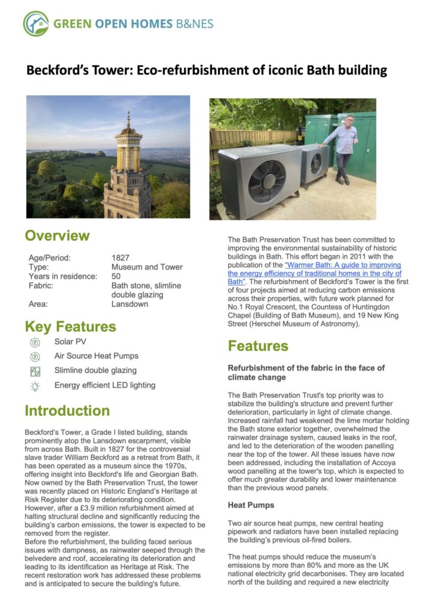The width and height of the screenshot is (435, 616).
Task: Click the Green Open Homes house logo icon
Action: [x=36, y=23]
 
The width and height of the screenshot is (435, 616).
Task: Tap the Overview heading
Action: [x=57, y=235]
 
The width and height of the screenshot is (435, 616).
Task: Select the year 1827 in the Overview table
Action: [x=121, y=257]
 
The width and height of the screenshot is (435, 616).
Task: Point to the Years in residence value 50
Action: [x=116, y=276]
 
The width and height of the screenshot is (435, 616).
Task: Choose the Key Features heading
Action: [x=70, y=327]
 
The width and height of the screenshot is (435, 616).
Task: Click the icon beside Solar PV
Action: [x=35, y=342]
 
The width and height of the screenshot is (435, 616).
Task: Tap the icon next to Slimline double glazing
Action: [x=35, y=371]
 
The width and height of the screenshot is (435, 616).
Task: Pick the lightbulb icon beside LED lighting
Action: [x=35, y=386]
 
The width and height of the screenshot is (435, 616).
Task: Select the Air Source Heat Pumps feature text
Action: [x=96, y=356]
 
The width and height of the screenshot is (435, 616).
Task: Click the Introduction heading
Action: [x=67, y=411]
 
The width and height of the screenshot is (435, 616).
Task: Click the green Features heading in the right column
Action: [x=258, y=346]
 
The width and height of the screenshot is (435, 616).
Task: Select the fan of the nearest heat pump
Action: [x=267, y=181]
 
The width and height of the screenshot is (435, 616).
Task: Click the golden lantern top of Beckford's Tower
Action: [x=128, y=138]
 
